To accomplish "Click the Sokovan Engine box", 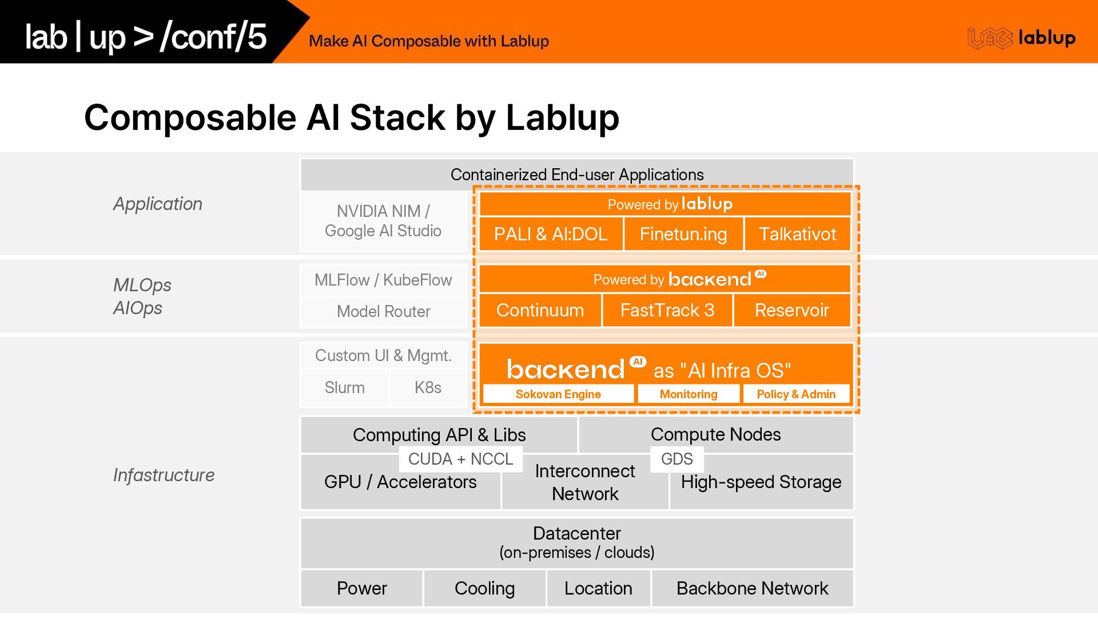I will click(x=558, y=394).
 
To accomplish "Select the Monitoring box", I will click(x=688, y=394).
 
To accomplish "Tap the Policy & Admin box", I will click(x=796, y=394).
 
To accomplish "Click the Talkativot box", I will click(x=797, y=234).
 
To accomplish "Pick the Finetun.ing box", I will click(x=683, y=234).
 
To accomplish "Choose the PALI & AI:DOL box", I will click(x=550, y=234).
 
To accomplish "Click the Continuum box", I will click(x=540, y=310).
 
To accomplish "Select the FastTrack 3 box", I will click(x=667, y=310).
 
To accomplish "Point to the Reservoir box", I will click(x=792, y=310).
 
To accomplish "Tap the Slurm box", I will click(x=344, y=387).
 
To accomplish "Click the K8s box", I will click(x=428, y=387).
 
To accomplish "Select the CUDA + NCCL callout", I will click(x=461, y=459).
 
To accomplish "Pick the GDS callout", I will click(x=677, y=459).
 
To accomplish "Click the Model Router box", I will click(x=383, y=311).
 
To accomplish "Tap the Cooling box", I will click(x=484, y=588).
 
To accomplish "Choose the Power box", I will click(x=361, y=588).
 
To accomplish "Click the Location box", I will click(x=598, y=588).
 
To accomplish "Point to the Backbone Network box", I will click(x=752, y=588).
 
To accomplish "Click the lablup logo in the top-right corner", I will click(x=1021, y=38).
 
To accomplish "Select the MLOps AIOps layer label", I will click(x=142, y=296).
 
